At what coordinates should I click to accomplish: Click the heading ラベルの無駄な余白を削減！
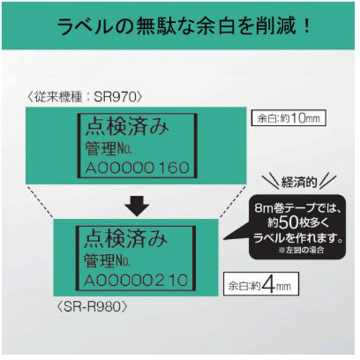pos(184,26)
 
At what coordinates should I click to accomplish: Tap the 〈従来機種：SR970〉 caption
pos(85,97)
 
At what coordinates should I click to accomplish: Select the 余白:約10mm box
pos(289,118)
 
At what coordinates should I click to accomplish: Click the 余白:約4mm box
pos(261,284)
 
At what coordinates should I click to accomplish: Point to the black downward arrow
pos(137,206)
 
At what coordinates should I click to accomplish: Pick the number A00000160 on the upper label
pos(138,168)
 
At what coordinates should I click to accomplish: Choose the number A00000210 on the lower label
pos(136,280)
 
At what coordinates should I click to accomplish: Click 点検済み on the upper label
pos(127,127)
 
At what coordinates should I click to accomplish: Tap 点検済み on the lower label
pos(126,239)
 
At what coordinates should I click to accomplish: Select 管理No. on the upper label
pos(109,148)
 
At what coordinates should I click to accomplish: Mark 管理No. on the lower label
pos(107,261)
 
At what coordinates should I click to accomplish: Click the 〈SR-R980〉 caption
pos(92,307)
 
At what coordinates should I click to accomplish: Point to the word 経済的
pos(299,183)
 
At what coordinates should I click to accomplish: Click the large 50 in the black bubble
pos(289,222)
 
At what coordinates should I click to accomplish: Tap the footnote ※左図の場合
pos(302,251)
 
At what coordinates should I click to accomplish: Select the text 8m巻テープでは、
pos(298,209)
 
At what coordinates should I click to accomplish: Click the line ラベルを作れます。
pos(298,238)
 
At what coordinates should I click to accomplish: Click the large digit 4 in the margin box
pos(269,284)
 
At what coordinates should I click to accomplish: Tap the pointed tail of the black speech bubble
pos(224,239)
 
